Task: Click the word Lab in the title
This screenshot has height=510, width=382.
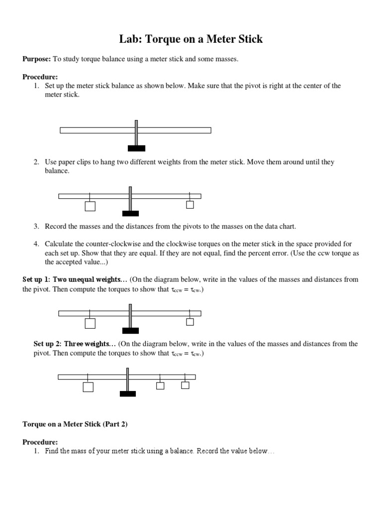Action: click(131, 39)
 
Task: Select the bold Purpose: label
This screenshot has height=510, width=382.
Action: click(36, 59)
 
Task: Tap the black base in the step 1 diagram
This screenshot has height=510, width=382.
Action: click(136, 148)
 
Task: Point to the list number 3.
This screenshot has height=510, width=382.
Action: click(36, 226)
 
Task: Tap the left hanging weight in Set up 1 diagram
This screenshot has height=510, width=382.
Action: click(90, 324)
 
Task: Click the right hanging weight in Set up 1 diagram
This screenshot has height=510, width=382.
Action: click(190, 322)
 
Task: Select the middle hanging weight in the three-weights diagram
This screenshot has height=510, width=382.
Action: click(160, 385)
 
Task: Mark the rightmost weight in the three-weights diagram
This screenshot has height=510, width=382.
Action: click(185, 385)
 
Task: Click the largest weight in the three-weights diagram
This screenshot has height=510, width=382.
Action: click(88, 387)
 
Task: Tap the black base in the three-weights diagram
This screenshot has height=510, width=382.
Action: click(128, 394)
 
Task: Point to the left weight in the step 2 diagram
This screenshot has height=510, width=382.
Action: click(90, 206)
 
